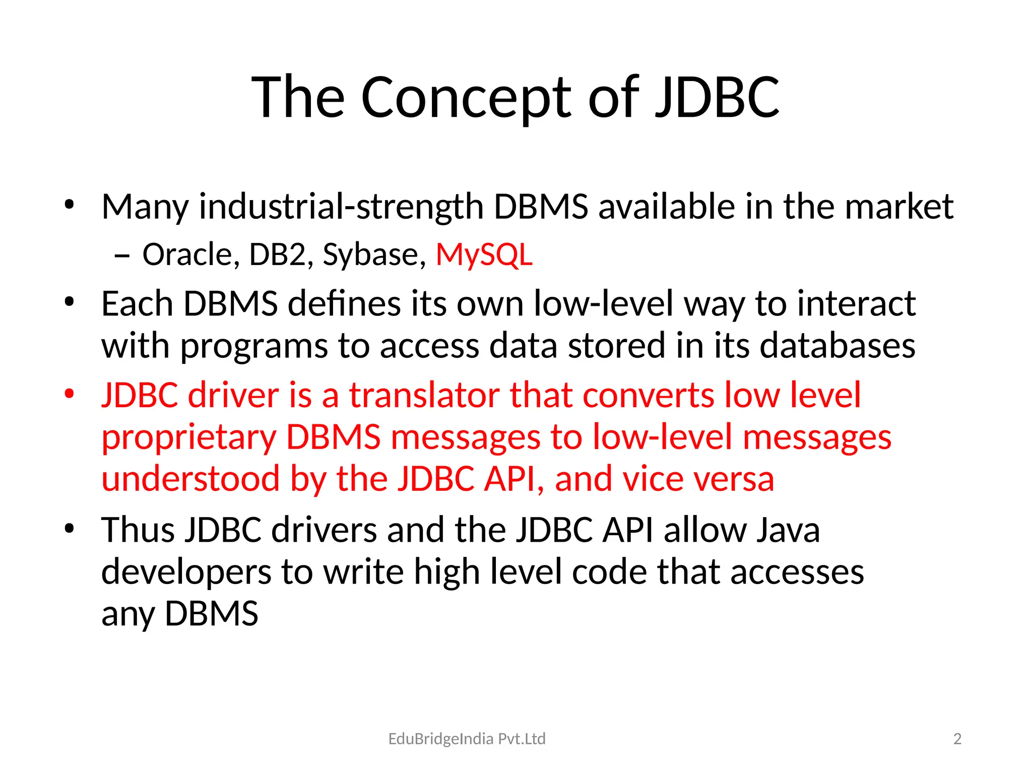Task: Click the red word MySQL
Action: pos(484,254)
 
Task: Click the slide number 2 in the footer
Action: pos(957,739)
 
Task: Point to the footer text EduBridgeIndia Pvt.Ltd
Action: pos(467,739)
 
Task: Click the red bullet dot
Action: pos(70,393)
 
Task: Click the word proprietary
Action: pos(189,437)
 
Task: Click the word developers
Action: pos(186,572)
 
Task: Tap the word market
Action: pos(898,207)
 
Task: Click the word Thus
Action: pos(138,530)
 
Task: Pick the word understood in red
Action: pos(190,479)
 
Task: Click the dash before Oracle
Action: pos(122,256)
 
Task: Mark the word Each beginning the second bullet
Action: pos(137,304)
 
